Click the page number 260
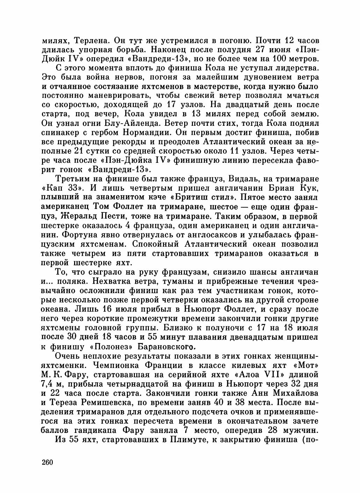pyautogui.click(x=47, y=463)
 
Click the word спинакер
pyautogui.click(x=60, y=133)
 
